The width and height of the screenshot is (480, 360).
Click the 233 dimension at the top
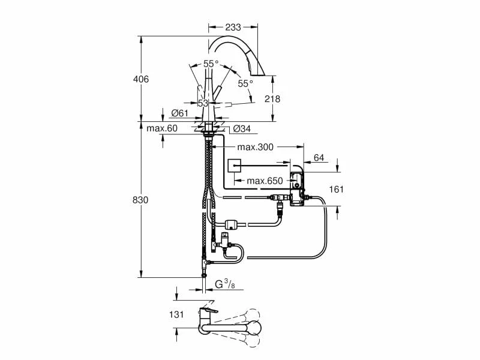pos(233,27)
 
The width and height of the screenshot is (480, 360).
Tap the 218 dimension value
pos(272,99)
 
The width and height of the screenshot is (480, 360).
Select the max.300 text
pos(256,147)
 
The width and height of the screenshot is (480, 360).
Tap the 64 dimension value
pos(319,158)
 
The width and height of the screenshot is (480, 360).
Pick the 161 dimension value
pos(337,189)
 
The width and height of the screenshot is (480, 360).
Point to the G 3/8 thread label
pos(224,284)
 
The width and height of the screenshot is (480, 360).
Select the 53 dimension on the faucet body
pos(203,103)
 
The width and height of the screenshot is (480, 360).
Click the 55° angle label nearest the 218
pos(245,84)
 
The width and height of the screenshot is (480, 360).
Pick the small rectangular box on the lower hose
pos(232,225)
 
